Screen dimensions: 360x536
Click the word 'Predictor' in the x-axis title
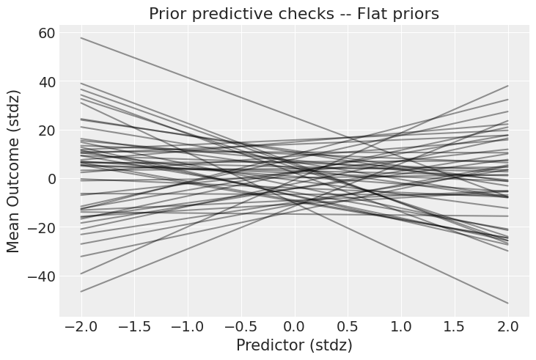point(267,345)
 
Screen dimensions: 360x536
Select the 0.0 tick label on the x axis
point(294,324)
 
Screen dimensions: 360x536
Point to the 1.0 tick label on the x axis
point(401,324)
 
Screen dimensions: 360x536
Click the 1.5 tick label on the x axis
point(455,324)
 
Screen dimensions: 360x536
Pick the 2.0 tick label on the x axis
point(508,324)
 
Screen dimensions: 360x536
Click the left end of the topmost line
point(81,38)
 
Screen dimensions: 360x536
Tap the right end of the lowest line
point(508,303)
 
